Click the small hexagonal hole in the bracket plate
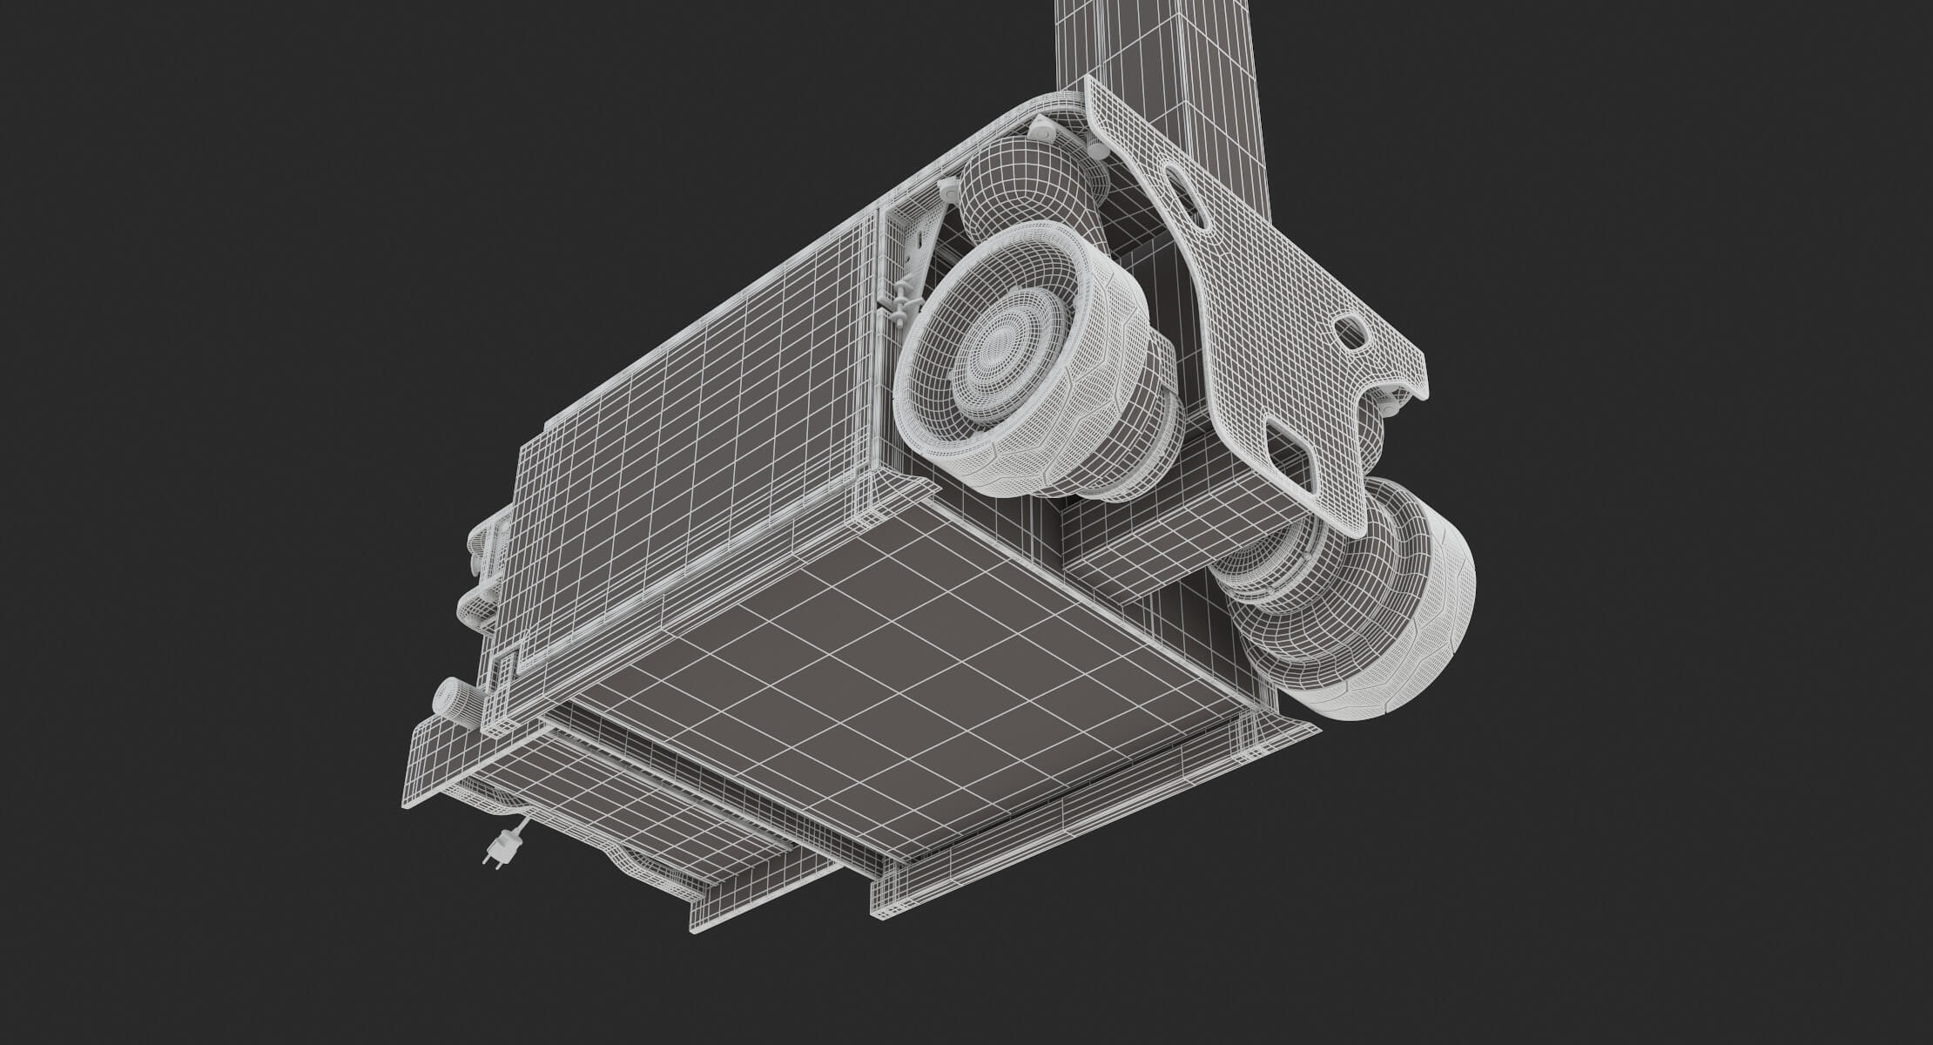pyautogui.click(x=1350, y=331)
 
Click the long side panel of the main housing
pyautogui.click(x=697, y=409)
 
